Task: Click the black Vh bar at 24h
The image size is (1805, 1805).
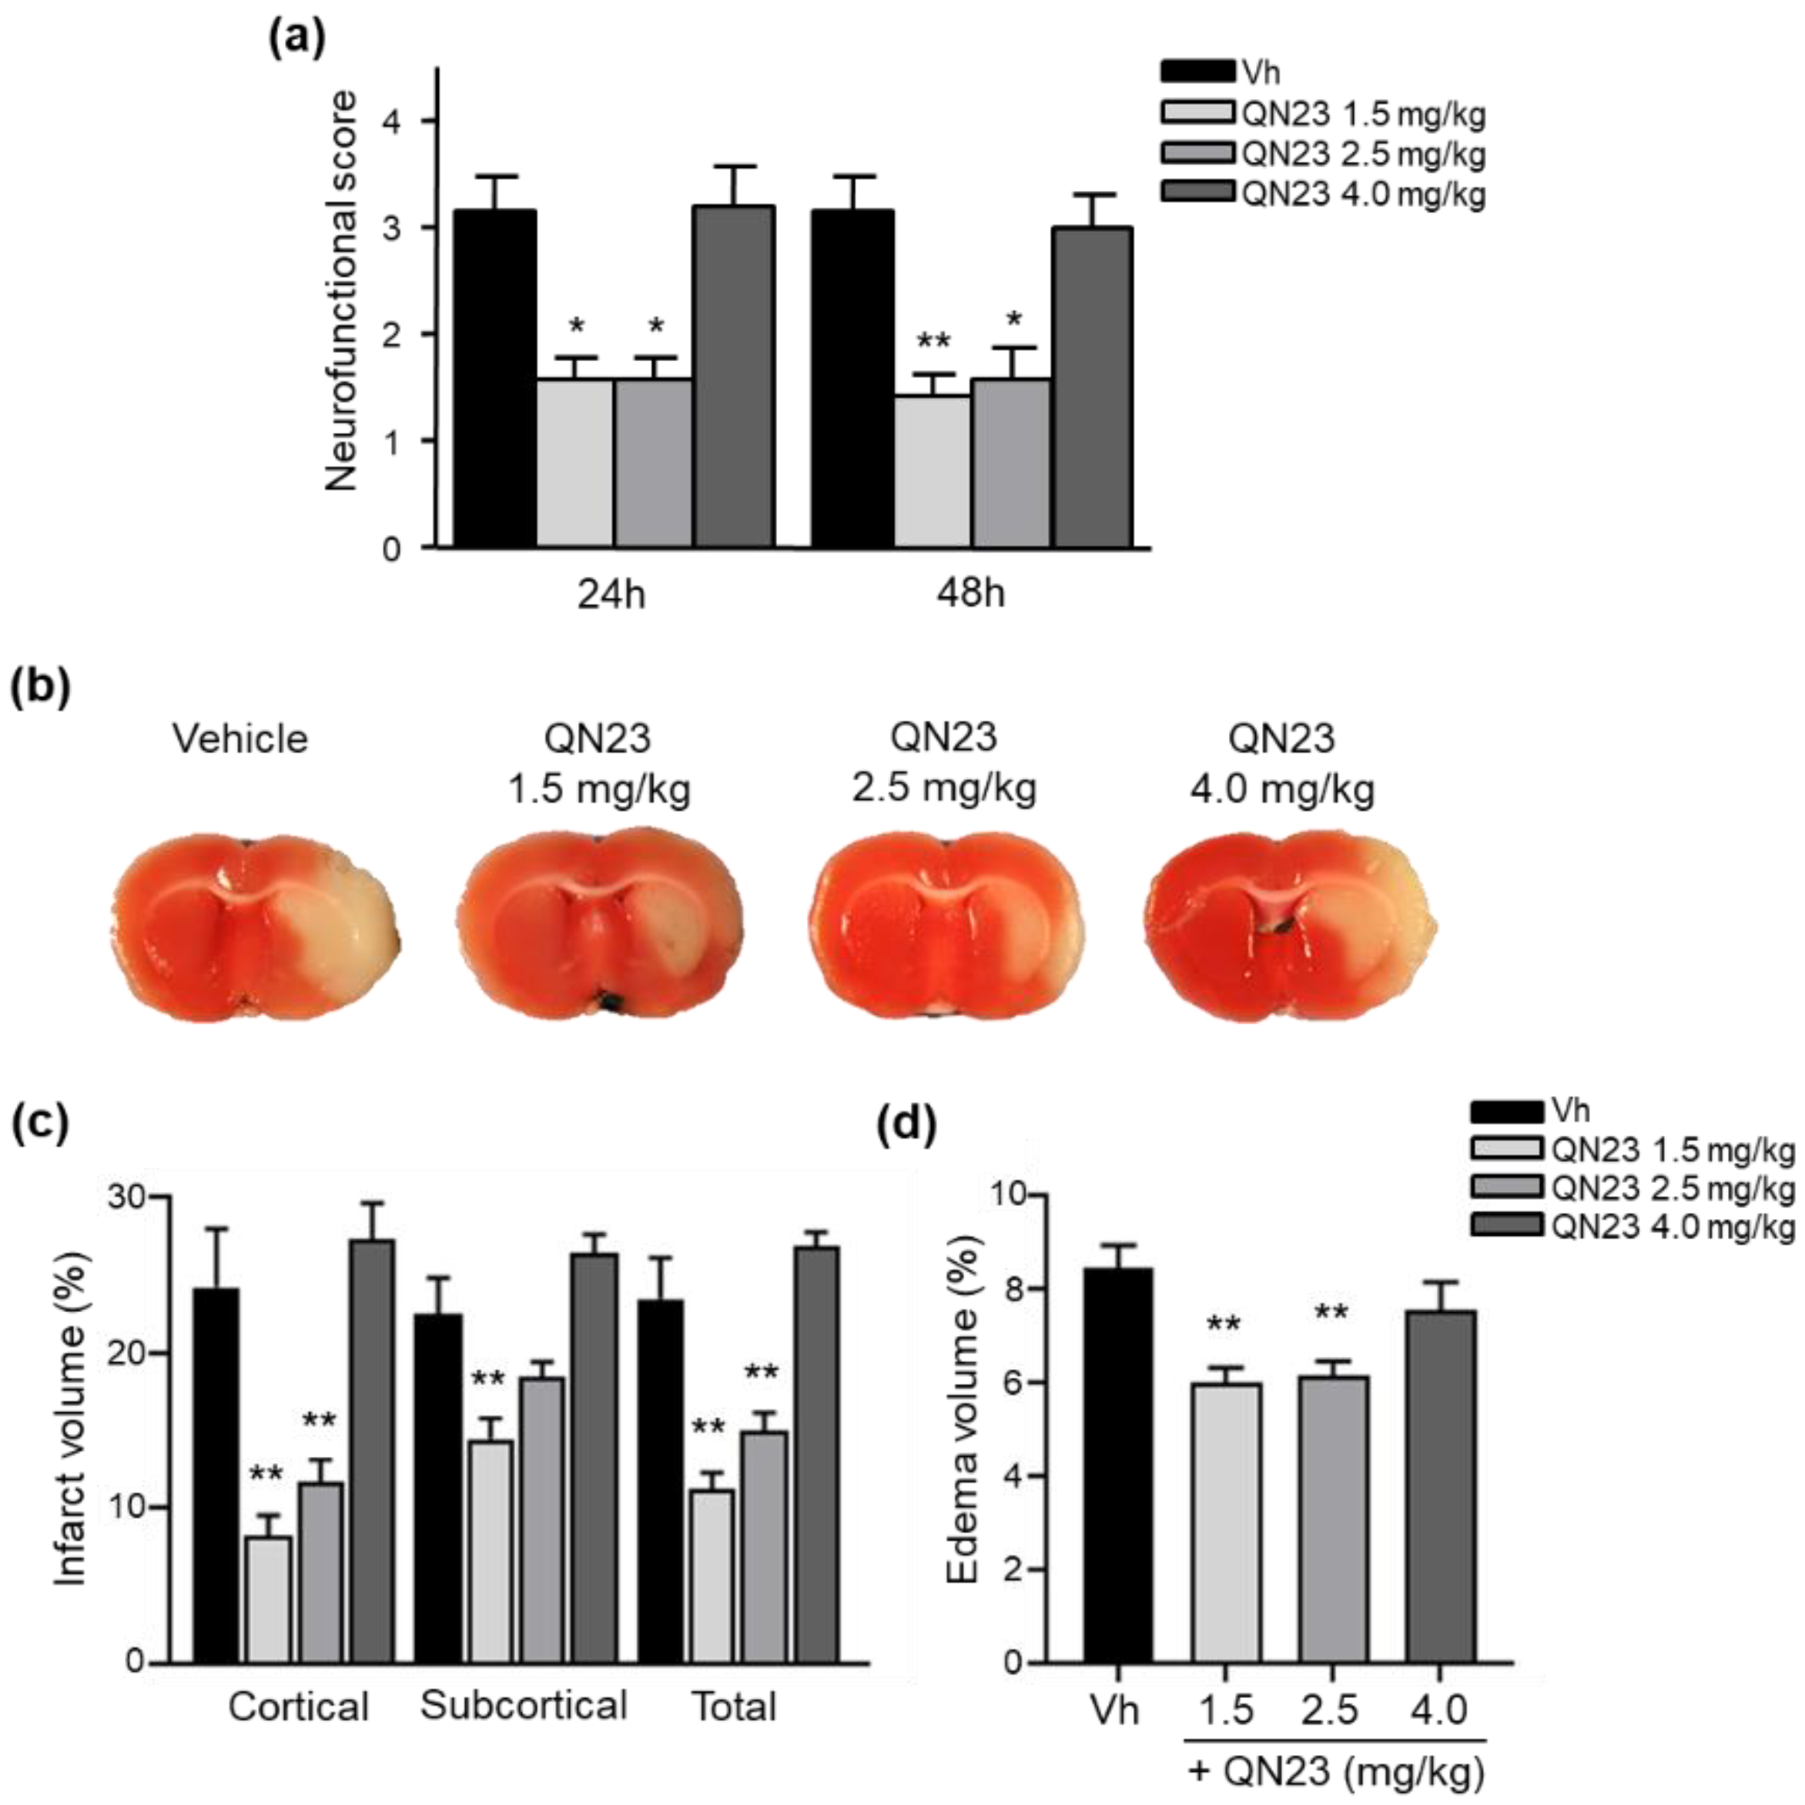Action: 494,378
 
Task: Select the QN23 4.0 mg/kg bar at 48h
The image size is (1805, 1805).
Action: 1092,387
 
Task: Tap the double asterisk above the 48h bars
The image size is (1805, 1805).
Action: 933,341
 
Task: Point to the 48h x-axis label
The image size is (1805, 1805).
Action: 971,593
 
